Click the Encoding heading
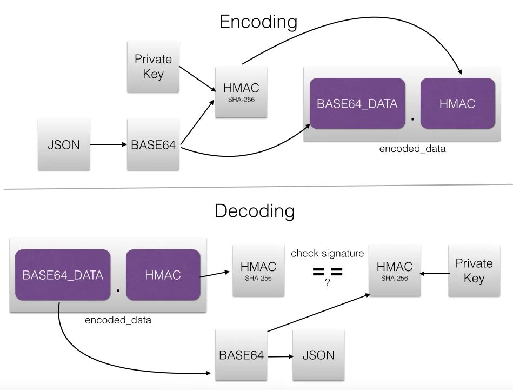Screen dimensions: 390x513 [258, 22]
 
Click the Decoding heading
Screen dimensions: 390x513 [255, 210]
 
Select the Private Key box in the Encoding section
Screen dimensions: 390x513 [153, 67]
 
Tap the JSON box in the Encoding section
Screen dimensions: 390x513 [64, 144]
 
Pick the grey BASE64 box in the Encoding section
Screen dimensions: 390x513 [153, 145]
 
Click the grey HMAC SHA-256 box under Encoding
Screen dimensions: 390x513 [241, 91]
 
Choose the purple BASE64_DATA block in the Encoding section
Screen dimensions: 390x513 [357, 103]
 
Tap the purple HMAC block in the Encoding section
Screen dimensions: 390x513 [457, 103]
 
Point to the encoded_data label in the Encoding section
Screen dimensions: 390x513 [412, 149]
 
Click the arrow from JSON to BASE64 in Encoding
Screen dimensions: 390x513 [108, 145]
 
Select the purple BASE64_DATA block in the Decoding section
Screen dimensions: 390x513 [63, 275]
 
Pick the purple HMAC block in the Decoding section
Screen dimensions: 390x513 [163, 275]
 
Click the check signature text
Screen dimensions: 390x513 [327, 253]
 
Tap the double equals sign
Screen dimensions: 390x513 [328, 272]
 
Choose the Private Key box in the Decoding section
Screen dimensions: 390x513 [474, 270]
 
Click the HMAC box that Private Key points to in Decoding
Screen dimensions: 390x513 [394, 270]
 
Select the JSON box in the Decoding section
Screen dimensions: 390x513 [318, 355]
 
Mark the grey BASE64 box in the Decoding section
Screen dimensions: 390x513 [241, 355]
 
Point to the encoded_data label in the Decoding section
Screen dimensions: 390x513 [118, 320]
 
